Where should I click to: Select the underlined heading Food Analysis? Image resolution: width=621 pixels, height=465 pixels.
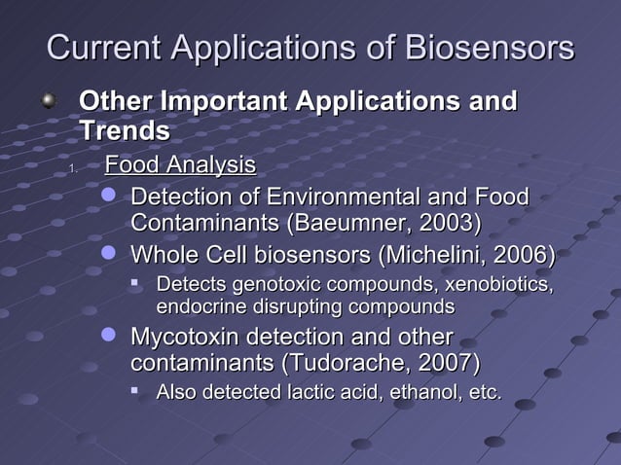click(180, 164)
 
